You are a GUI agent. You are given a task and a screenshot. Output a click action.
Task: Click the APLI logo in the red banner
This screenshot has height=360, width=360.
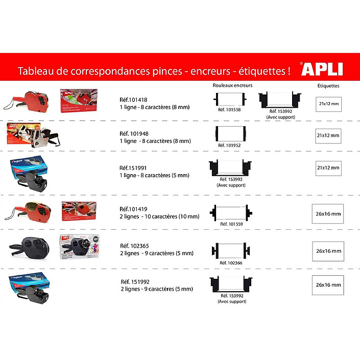pyautogui.click(x=322, y=69)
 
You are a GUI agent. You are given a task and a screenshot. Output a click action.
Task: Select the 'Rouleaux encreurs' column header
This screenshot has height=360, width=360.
pyautogui.click(x=232, y=85)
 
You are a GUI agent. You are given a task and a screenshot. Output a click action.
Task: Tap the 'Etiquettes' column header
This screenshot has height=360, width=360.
pyautogui.click(x=328, y=86)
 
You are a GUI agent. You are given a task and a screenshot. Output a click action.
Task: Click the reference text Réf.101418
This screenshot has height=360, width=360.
pyautogui.click(x=133, y=100)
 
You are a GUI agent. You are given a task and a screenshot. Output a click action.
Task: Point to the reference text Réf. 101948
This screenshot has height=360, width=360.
pyautogui.click(x=134, y=134)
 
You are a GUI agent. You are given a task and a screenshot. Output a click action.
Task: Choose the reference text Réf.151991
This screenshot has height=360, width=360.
pyautogui.click(x=133, y=168)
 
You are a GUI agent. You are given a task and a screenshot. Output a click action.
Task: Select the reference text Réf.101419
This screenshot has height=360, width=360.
pyautogui.click(x=133, y=209)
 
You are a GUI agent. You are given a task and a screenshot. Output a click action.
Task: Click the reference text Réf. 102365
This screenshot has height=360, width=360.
pyautogui.click(x=134, y=246)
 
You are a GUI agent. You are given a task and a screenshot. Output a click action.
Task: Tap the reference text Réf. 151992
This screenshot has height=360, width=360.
pyautogui.click(x=135, y=282)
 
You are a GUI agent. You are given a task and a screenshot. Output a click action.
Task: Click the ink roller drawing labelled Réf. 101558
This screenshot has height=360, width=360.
pyautogui.click(x=230, y=100)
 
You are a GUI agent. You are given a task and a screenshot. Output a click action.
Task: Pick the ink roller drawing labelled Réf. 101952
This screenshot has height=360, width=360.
pyautogui.click(x=231, y=134)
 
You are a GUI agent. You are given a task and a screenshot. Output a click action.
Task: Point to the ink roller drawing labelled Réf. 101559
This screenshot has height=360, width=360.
pyautogui.click(x=231, y=213)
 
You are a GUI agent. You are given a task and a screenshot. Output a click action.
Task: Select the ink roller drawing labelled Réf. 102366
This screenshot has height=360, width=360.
pyautogui.click(x=231, y=251)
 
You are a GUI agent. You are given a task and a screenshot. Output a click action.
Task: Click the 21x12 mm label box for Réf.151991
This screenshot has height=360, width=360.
pyautogui.click(x=328, y=169)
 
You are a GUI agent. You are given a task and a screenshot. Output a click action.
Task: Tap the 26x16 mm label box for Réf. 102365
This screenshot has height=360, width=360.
pyautogui.click(x=328, y=251)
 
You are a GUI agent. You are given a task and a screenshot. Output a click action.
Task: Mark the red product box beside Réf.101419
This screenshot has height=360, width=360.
pyautogui.click(x=79, y=211)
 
